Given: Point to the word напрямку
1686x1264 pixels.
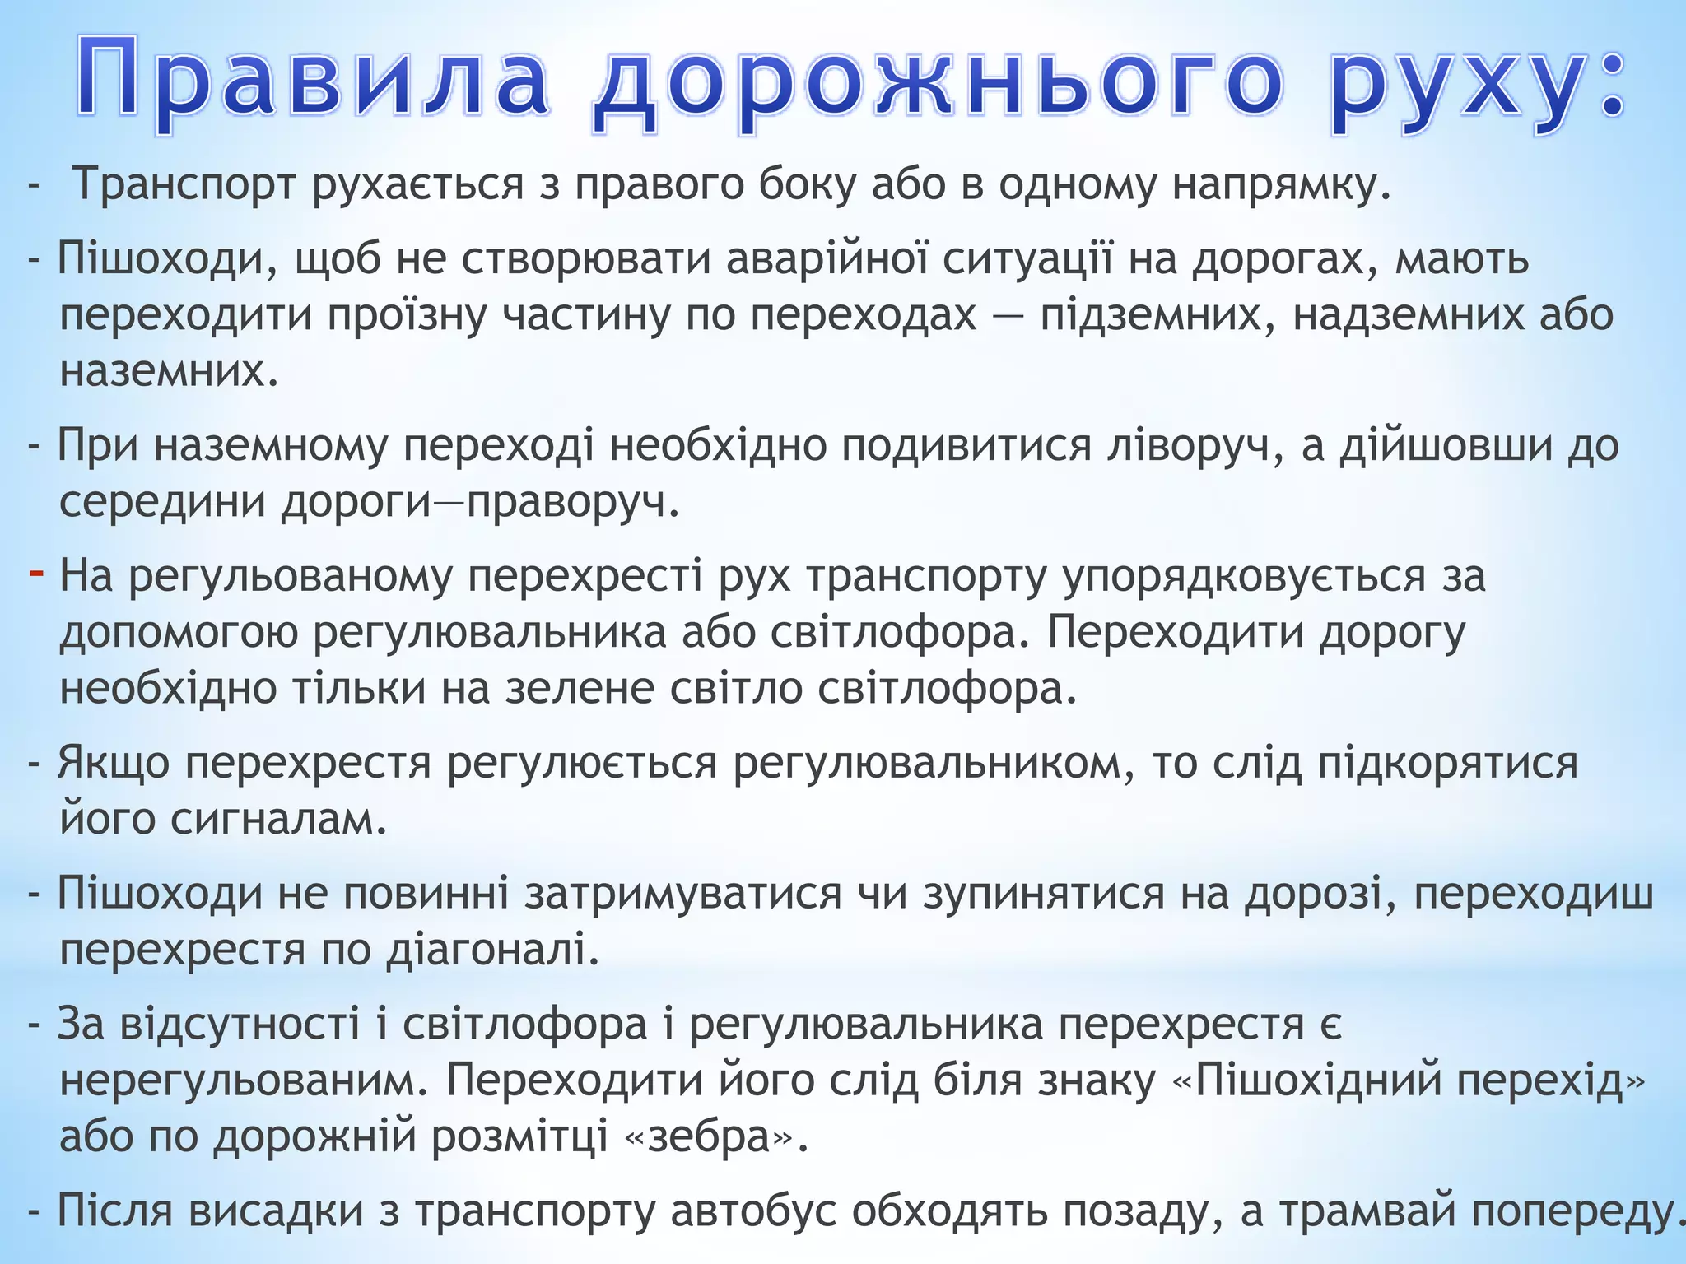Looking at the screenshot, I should tap(1281, 184).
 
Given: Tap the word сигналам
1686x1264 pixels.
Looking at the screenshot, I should tap(279, 819).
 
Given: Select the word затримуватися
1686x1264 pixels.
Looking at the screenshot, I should tap(683, 894).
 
